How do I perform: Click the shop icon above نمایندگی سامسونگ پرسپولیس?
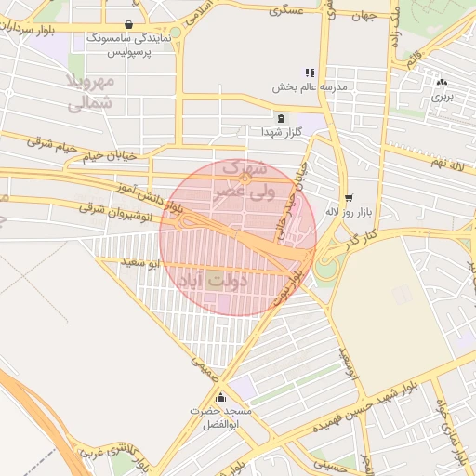[x=128, y=25]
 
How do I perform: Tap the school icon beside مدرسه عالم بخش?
[x=310, y=73]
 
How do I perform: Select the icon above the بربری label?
[x=441, y=82]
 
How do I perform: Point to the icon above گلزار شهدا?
[x=281, y=117]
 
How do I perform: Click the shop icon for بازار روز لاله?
[x=349, y=198]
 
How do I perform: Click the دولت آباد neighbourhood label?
[x=217, y=280]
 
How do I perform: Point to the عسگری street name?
[x=286, y=10]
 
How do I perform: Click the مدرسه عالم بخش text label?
[x=309, y=87]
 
